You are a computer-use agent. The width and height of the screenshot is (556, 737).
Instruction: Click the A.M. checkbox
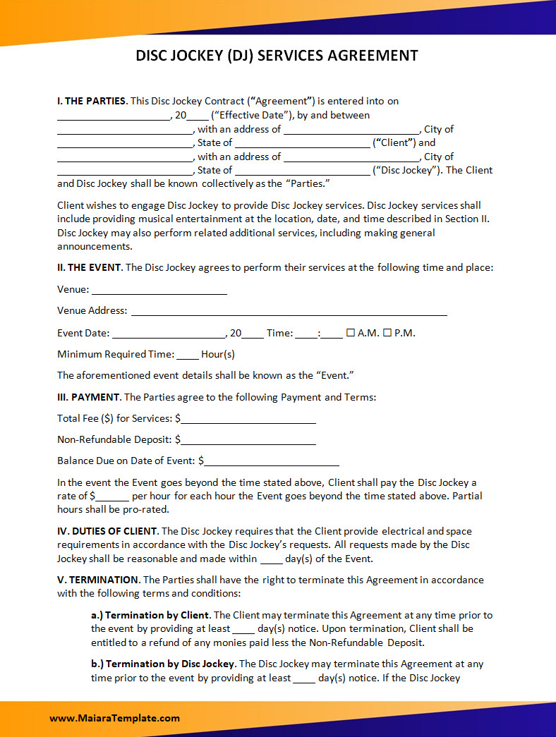[350, 333]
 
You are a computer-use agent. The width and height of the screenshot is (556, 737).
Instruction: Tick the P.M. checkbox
[387, 333]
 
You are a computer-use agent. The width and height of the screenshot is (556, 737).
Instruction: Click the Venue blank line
[159, 290]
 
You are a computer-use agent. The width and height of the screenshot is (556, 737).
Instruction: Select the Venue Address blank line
[289, 311]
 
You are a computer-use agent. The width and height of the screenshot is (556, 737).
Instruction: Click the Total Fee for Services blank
[248, 419]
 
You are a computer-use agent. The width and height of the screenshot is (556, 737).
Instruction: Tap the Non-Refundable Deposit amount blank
[248, 440]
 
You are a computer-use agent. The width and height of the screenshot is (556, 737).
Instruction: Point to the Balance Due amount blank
[272, 461]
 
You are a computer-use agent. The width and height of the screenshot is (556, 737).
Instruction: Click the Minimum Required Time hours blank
[188, 355]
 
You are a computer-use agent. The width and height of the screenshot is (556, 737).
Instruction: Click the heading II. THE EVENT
[90, 267]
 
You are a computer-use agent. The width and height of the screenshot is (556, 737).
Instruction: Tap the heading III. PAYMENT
[89, 397]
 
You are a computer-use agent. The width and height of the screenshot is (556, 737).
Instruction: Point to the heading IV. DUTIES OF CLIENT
[108, 531]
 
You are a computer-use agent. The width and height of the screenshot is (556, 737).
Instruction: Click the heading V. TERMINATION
[98, 580]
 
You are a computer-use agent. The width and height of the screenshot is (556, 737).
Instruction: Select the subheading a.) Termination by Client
[150, 615]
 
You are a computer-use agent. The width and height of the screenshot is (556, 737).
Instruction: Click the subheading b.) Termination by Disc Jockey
[162, 664]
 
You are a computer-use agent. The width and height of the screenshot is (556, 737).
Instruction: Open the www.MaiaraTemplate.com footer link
[114, 718]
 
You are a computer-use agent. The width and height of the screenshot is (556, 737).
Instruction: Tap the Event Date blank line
[168, 334]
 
